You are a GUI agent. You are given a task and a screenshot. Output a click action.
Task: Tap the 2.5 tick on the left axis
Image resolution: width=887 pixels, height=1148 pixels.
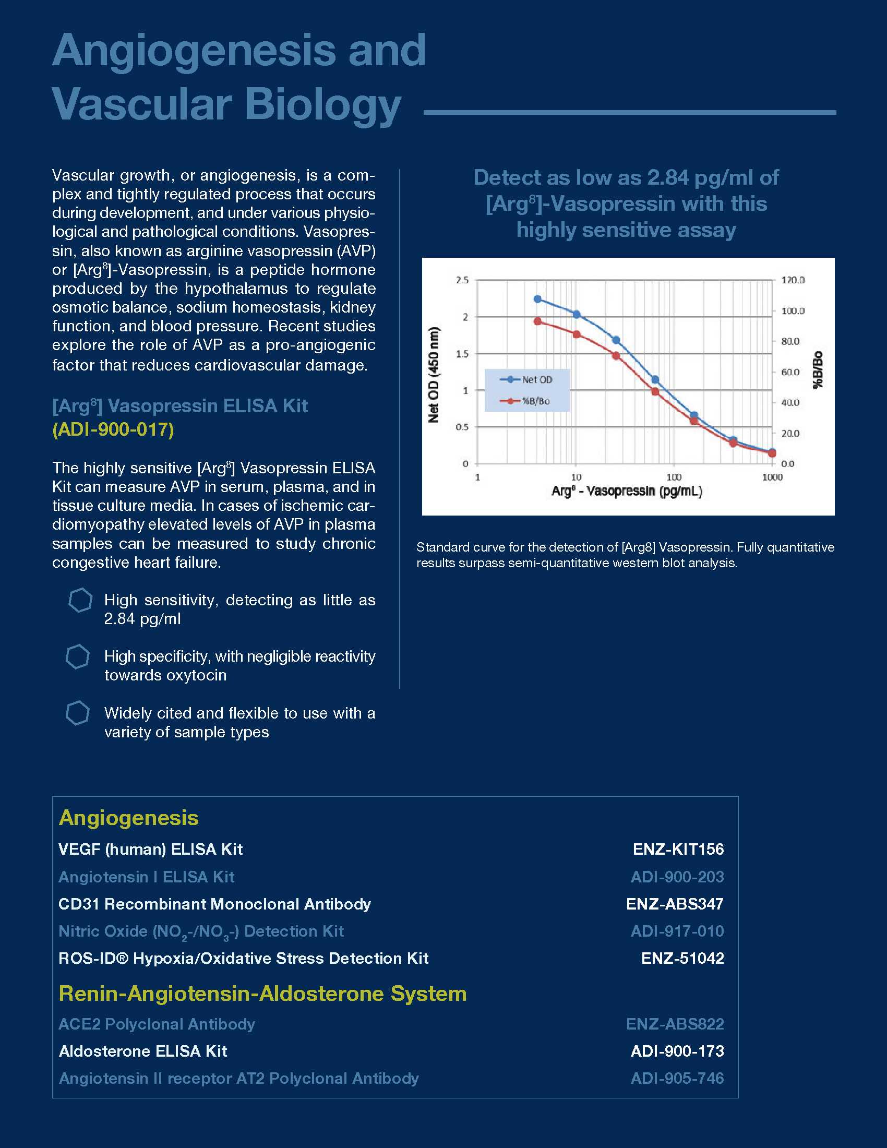point(462,280)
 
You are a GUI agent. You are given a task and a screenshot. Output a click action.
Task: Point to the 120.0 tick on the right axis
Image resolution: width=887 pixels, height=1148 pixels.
point(793,280)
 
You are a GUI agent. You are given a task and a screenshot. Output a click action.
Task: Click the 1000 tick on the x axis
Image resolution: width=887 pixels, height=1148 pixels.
point(772,477)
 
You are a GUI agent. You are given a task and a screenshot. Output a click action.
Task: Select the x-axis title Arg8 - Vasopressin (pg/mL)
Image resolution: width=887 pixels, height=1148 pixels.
point(626,492)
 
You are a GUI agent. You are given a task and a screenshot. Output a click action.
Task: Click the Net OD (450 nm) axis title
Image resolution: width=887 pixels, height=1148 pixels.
point(434,374)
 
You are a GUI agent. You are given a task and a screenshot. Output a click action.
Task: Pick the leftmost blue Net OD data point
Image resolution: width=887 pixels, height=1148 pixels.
point(537,299)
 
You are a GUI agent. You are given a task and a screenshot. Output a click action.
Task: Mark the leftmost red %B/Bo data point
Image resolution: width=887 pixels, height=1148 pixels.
point(537,321)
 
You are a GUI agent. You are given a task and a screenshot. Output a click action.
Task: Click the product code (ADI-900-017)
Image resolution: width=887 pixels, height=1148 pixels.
point(113,429)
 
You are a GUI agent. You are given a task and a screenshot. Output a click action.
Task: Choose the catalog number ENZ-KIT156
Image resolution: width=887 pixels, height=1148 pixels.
point(678,849)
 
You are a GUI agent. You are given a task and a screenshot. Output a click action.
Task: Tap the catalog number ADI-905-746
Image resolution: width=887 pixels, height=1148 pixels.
point(677,1078)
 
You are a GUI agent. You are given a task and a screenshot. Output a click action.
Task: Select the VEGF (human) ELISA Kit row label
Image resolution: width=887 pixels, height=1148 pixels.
point(150,849)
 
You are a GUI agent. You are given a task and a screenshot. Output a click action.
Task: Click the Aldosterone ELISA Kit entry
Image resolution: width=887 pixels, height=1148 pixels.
point(143,1051)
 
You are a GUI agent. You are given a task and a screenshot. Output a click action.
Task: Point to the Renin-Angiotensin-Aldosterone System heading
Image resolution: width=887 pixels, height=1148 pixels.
point(263,994)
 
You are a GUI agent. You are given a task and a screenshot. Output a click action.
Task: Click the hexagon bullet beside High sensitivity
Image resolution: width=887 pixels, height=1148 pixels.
point(80,600)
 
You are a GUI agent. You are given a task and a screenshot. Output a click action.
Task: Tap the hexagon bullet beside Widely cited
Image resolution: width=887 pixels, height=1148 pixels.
point(77,713)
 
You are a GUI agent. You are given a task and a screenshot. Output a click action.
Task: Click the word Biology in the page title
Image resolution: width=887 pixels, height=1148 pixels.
point(322,104)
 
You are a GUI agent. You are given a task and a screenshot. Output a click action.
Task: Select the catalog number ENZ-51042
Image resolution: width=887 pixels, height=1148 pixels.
point(682,958)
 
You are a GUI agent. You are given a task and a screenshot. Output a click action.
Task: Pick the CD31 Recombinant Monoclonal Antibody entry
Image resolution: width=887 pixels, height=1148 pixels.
point(214,904)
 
